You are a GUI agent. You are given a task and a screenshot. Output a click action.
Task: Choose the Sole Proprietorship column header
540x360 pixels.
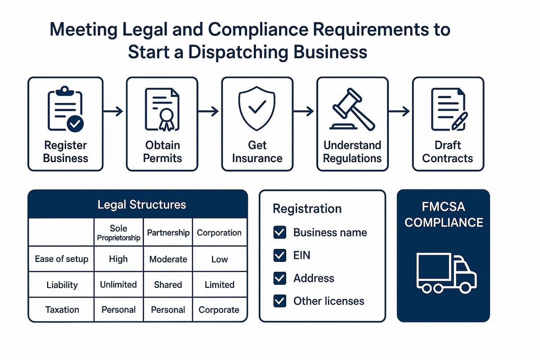[x=118, y=233]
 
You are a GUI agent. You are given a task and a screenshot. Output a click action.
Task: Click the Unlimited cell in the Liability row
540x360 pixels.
[x=118, y=284]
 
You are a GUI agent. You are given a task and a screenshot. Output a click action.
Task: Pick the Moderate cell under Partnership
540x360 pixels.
[x=168, y=259]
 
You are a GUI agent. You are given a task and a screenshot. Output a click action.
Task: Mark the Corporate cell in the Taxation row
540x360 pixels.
[x=219, y=310]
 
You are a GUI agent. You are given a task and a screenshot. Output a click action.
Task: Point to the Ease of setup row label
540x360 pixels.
[x=62, y=259]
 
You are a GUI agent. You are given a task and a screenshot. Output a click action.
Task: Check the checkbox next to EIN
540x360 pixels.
[x=280, y=256]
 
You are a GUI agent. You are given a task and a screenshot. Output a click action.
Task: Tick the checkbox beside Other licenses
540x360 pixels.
[x=280, y=301]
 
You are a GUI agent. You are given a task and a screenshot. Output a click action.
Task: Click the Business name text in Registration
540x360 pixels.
[x=330, y=233]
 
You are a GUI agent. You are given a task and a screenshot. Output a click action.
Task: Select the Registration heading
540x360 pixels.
[x=307, y=209]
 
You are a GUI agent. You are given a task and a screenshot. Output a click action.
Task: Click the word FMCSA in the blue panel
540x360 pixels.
[x=444, y=207]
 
